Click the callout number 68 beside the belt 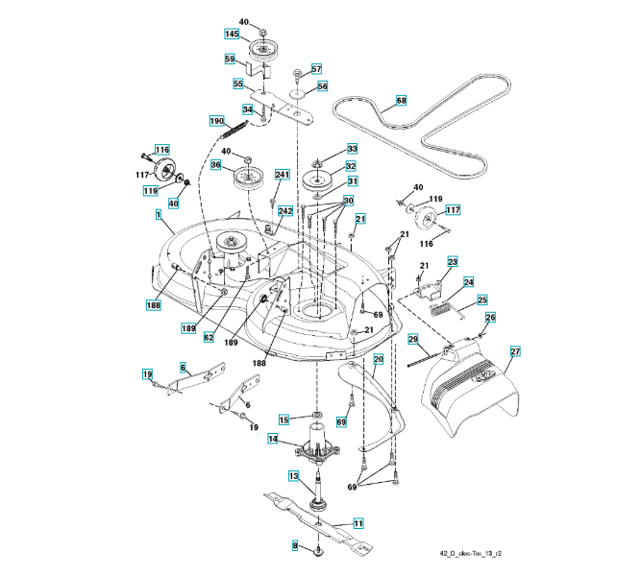(x=401, y=100)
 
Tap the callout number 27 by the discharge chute (x=515, y=351)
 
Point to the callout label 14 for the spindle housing (x=273, y=440)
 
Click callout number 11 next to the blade (x=358, y=523)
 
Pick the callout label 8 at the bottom (x=296, y=545)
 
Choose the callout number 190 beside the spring (x=217, y=120)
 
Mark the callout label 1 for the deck (x=158, y=216)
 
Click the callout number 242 (x=285, y=210)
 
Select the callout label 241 (x=282, y=175)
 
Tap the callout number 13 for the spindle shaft (x=294, y=474)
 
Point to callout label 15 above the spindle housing (x=284, y=420)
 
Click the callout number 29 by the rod (x=411, y=339)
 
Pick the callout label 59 (x=230, y=60)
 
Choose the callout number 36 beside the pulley (x=215, y=165)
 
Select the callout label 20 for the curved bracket (x=378, y=358)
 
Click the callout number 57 (x=316, y=68)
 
